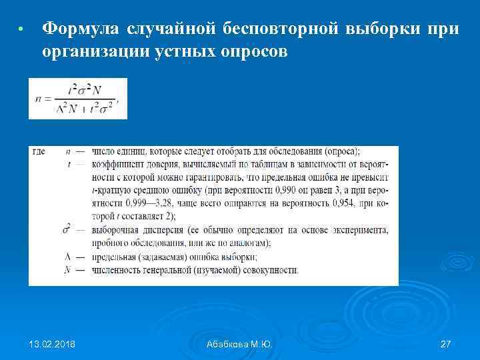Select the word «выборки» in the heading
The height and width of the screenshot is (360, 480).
(383, 29)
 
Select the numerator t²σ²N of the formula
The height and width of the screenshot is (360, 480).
(87, 89)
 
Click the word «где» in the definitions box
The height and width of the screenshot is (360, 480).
(39, 152)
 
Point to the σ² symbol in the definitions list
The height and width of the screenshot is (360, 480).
(68, 230)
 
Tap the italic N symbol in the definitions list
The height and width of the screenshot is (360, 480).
(67, 270)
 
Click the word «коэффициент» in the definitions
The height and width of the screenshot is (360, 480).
(119, 165)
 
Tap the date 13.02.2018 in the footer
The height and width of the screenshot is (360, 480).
(52, 344)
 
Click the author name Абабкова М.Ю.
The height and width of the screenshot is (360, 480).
(239, 344)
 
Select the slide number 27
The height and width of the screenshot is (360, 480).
(446, 344)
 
